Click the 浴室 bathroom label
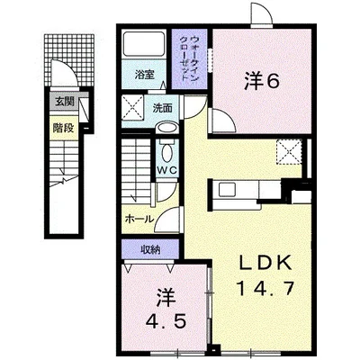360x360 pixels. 145,75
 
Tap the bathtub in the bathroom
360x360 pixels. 144,43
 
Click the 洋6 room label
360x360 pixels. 262,81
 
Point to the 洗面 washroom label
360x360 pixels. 162,108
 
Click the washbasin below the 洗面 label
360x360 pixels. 166,128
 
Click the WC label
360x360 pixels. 166,170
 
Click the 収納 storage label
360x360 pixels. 151,249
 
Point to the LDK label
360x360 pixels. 265,263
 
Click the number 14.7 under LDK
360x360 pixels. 265,289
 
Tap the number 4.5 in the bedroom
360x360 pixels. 165,321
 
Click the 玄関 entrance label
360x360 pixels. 64,103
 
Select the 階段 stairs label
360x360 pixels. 63,128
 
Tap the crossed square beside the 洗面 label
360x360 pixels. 133,106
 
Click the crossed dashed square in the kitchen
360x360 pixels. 289,152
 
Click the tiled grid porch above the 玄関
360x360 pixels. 69,59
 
